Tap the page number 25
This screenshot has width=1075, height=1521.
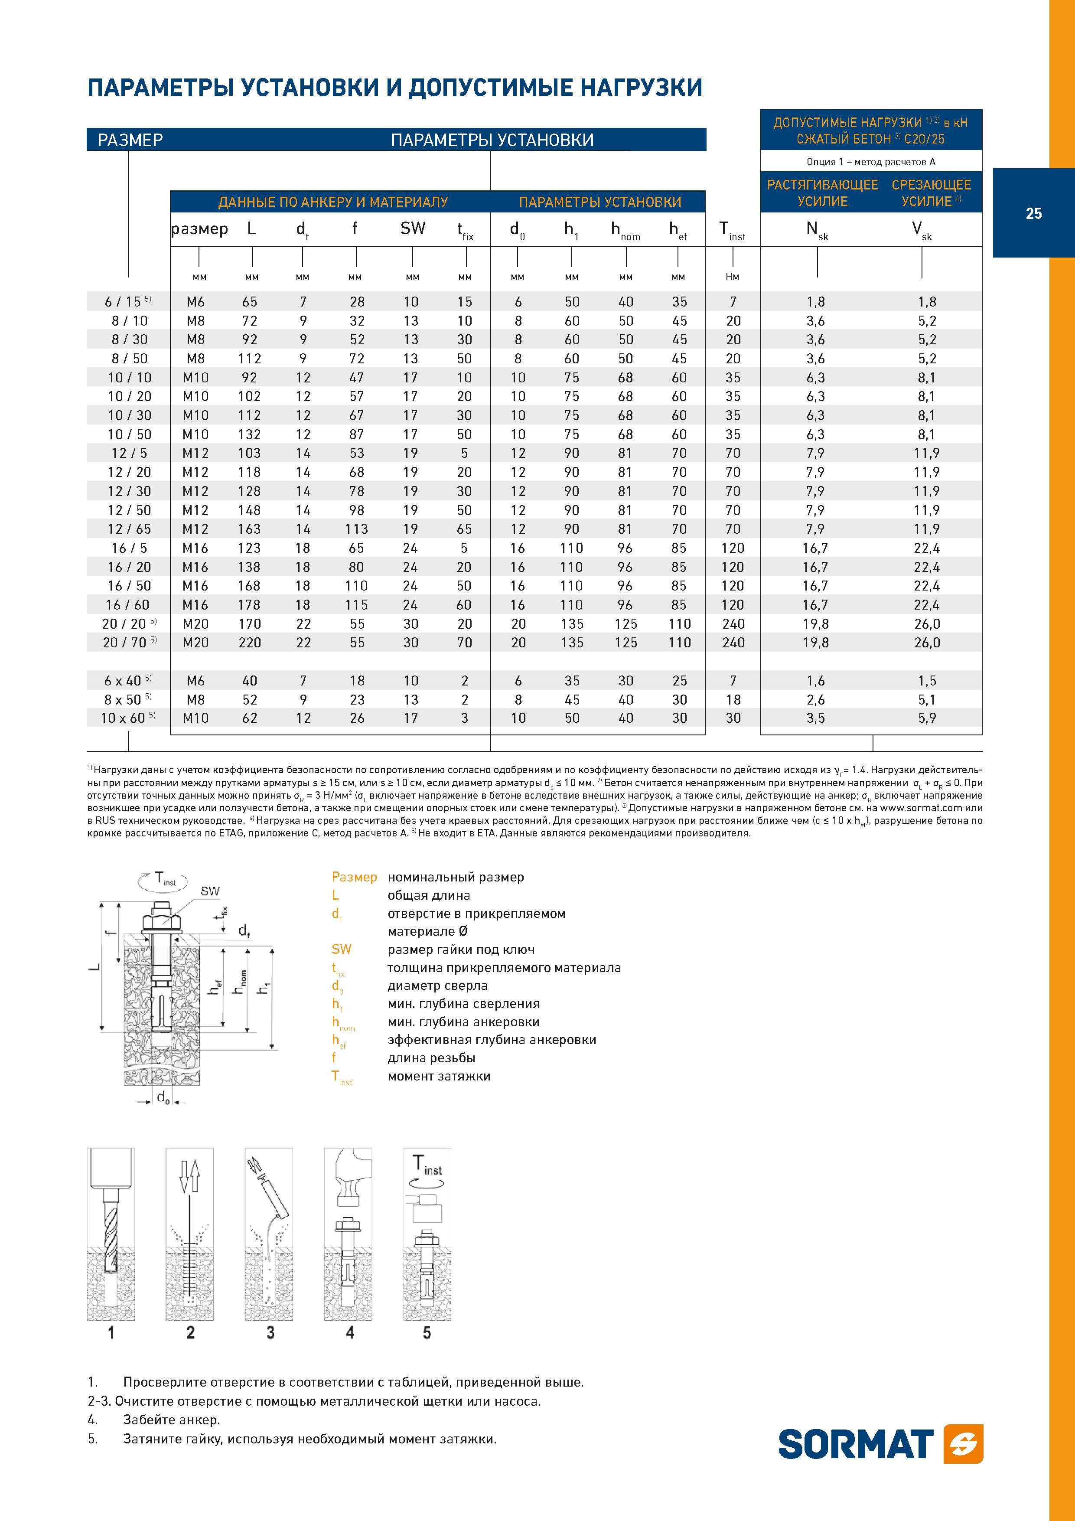coord(1033,213)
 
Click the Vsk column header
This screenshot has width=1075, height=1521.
coord(921,231)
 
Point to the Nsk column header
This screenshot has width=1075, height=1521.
coord(817,231)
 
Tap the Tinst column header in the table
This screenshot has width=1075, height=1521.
coord(733,231)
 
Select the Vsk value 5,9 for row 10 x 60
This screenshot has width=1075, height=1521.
coord(927,718)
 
